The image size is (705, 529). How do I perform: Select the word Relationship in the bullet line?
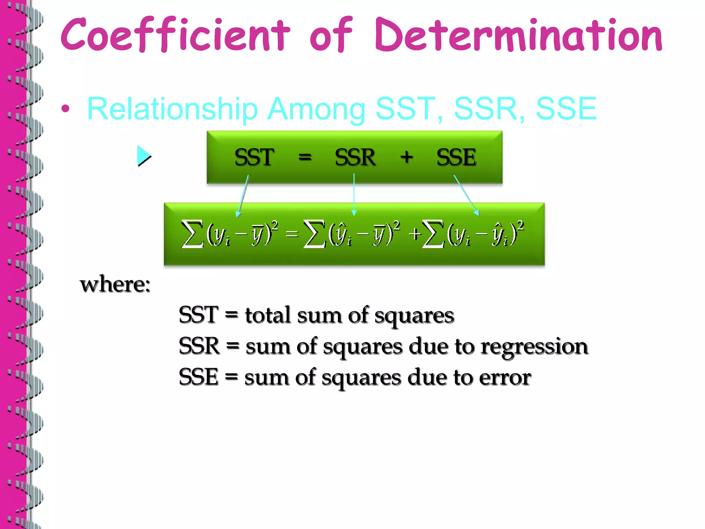[172, 109]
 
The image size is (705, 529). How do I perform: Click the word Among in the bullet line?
[316, 109]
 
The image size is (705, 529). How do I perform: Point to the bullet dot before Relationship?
[65, 109]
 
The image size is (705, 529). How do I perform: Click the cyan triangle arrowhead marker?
[144, 156]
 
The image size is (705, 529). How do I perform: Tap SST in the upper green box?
[254, 157]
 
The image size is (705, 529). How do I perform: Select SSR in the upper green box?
[355, 157]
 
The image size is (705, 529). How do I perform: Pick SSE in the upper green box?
[456, 157]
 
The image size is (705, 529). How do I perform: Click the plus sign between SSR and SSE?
[407, 157]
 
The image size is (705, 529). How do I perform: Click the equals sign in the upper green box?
[305, 157]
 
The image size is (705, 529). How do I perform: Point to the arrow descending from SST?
[243, 196]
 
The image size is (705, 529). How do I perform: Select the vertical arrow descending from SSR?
[354, 195]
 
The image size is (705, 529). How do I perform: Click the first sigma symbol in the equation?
[192, 234]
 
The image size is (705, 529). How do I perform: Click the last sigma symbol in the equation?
[433, 234]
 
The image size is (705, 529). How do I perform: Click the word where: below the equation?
[115, 285]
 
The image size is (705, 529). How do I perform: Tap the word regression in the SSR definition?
[534, 346]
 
